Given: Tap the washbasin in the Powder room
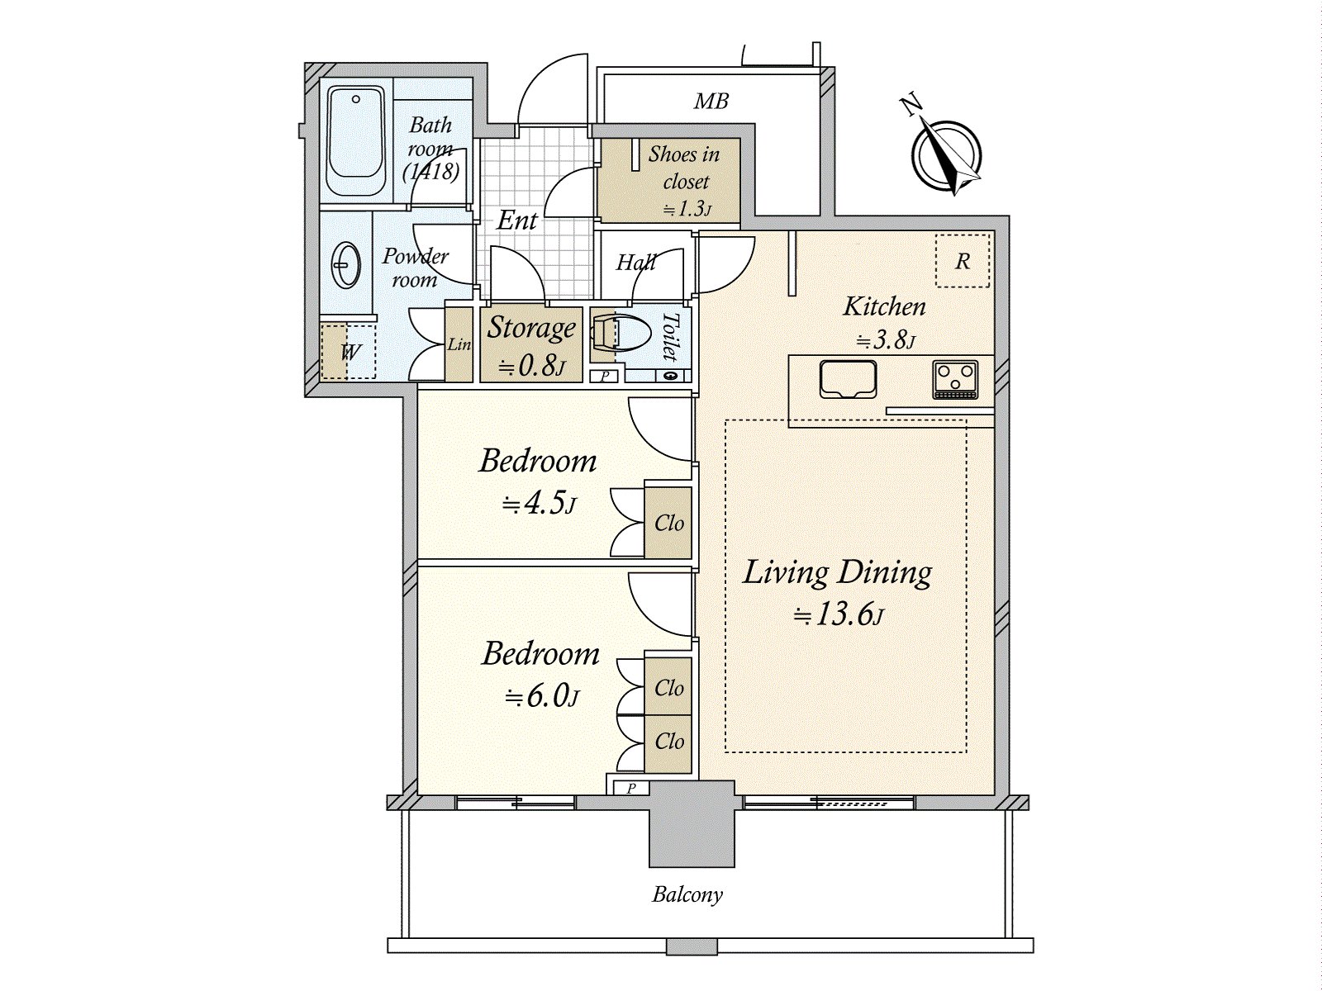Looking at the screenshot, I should (345, 265).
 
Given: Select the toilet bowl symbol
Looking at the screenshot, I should (612, 332).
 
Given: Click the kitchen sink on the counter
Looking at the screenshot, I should (847, 379).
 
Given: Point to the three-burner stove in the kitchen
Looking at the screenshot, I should (955, 379).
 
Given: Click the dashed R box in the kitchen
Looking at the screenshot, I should (962, 261).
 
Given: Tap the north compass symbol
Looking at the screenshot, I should (947, 154).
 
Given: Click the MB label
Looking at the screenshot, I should (711, 102).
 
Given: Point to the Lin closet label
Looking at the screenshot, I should (459, 344).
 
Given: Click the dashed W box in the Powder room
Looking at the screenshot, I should (348, 352).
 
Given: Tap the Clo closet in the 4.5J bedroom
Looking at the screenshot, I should (668, 523).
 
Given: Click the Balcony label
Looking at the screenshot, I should (687, 894).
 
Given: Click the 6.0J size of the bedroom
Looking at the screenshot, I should (542, 698).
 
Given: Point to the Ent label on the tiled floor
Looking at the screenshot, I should (517, 220).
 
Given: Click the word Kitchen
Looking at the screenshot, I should (883, 306).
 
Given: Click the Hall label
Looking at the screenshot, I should (635, 263).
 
